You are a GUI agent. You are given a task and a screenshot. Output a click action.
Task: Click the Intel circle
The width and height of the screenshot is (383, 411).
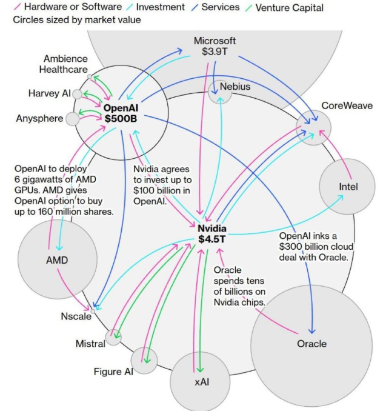348,186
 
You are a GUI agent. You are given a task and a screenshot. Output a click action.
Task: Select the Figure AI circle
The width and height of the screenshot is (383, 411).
144,360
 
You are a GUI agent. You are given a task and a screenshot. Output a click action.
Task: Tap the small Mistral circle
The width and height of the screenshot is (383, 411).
113,337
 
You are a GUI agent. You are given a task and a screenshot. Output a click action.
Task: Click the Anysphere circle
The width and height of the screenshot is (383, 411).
73,118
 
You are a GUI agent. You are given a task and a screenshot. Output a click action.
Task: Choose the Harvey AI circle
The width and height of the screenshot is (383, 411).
78,94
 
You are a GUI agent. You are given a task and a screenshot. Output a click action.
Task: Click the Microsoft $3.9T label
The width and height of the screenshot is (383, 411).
215,47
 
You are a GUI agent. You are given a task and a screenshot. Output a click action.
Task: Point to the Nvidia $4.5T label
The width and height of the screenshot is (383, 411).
212,234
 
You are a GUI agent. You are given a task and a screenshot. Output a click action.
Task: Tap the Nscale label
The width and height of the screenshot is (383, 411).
76,316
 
